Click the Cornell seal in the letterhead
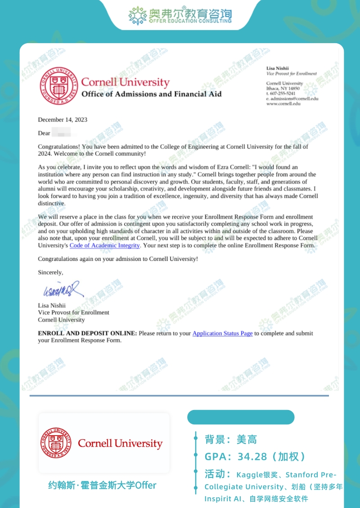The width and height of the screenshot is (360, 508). point(58,86)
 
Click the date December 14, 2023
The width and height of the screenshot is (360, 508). point(63,120)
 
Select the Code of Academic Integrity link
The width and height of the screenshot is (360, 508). point(105,245)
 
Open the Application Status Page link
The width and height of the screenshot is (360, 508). point(222,333)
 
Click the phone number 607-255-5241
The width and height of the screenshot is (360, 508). point(283,94)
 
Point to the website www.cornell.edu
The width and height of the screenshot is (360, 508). point(283,103)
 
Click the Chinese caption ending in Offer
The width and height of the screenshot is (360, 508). point(103,486)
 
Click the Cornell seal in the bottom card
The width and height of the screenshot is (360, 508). point(57,443)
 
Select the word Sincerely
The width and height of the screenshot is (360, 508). point(50,272)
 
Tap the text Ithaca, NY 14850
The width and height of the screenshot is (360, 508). point(283,89)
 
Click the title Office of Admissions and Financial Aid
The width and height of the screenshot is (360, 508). point(151,94)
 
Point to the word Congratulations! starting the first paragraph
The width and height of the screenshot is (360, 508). point(59,147)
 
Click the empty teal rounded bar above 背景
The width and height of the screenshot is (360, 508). point(241,417)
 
